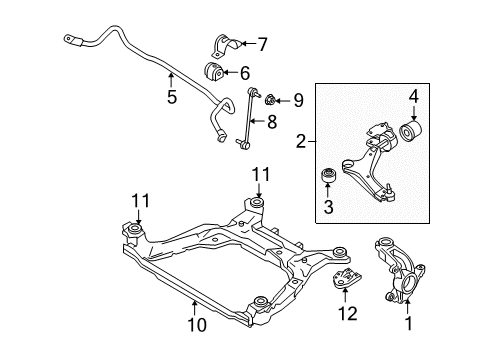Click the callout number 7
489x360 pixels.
(x=263, y=44)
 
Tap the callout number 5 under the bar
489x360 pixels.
(x=171, y=98)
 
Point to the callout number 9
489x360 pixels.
(x=297, y=100)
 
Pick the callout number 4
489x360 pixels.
(x=411, y=97)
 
